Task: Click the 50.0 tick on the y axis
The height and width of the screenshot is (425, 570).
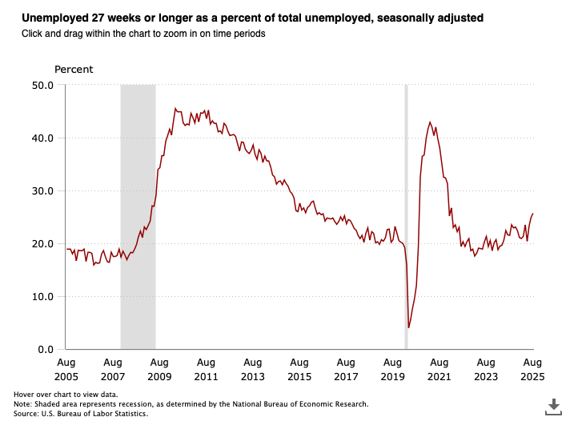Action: point(42,85)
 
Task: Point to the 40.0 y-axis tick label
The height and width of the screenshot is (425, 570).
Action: point(42,138)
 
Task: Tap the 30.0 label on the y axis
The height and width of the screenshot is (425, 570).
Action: point(42,190)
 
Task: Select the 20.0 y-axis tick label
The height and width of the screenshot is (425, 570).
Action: point(42,243)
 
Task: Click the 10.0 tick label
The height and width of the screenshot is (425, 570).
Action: point(42,296)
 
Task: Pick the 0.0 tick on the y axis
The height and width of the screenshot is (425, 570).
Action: point(45,350)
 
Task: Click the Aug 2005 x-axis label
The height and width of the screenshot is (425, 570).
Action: point(66,369)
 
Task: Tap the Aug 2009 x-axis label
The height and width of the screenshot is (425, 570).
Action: point(159,369)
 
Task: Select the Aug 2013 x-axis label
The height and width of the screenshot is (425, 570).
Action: point(252,369)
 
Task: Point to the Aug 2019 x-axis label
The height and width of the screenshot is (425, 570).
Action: point(392,369)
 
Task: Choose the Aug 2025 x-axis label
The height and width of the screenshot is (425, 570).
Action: point(532,369)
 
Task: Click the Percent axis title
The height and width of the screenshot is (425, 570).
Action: point(74,70)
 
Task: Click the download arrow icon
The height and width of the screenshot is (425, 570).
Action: point(552,406)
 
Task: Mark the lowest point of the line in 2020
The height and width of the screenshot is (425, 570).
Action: point(409,327)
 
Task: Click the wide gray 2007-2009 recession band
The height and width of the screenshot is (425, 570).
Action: point(138,216)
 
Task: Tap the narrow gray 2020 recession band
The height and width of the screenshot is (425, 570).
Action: point(406,216)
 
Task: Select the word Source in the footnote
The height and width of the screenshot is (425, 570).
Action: point(26,413)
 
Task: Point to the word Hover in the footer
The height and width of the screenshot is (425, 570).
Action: point(25,395)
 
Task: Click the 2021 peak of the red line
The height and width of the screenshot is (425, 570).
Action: point(430,122)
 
